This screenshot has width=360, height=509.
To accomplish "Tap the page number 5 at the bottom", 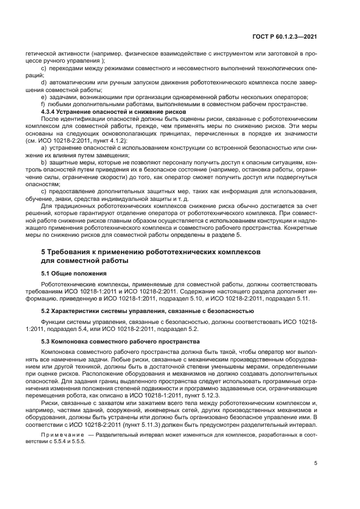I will click(x=316, y=464).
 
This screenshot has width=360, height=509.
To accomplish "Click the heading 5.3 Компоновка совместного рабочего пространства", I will click(x=121, y=341).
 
